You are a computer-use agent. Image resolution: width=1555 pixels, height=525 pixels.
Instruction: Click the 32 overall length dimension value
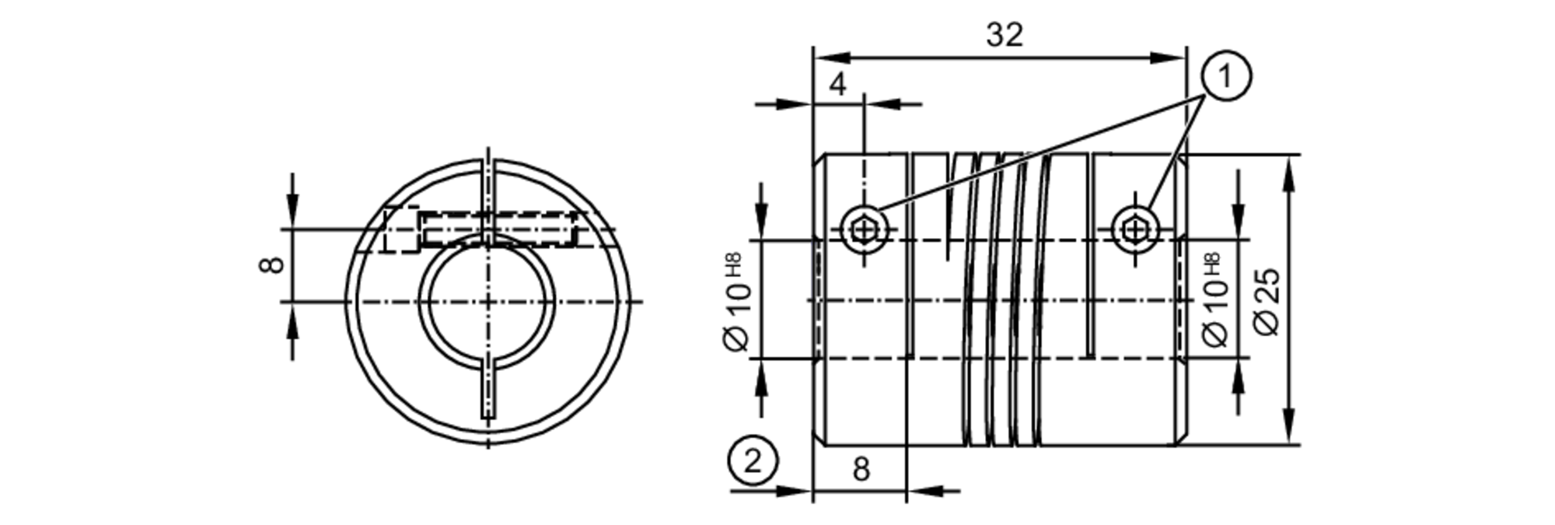click(1005, 36)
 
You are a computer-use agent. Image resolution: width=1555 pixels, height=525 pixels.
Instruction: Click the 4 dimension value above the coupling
click(837, 84)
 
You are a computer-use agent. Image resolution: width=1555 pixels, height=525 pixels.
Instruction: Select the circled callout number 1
click(1226, 76)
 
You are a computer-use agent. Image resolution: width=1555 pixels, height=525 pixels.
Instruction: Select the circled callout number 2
click(753, 461)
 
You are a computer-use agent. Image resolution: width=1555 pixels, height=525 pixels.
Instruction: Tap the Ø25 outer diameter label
click(1267, 302)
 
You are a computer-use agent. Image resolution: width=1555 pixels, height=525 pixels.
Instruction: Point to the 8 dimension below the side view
click(861, 470)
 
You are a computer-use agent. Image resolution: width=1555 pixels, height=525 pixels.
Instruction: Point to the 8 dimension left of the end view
click(271, 264)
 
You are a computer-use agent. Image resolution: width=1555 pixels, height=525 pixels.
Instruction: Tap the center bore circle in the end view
click(487, 300)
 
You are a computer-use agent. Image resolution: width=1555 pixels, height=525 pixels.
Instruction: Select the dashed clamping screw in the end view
click(498, 230)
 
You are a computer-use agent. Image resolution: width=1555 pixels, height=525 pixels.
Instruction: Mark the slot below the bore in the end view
click(487, 389)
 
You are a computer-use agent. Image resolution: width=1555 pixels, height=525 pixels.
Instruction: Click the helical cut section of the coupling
click(1003, 299)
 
